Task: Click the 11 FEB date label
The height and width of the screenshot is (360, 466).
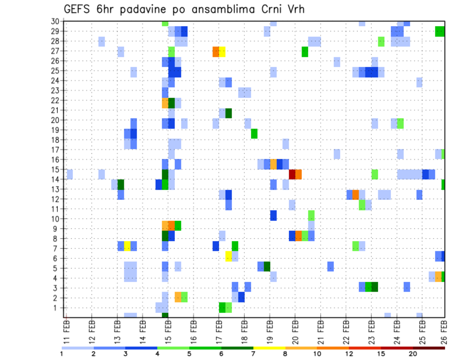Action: tap(67, 329)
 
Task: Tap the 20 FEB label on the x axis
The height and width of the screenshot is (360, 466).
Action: tap(295, 329)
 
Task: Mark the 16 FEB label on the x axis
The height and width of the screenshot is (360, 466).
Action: tap(194, 329)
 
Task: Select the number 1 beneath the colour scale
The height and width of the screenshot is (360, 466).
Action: tap(62, 353)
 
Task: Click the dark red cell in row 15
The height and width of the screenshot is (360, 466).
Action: tap(292, 174)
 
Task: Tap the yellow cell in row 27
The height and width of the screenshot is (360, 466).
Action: tap(222, 51)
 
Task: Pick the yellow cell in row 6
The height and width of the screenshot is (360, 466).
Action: tap(228, 256)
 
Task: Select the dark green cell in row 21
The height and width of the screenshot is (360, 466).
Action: tap(229, 113)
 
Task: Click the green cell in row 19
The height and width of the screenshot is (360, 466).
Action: tap(254, 133)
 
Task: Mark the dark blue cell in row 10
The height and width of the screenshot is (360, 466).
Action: tap(273, 215)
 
